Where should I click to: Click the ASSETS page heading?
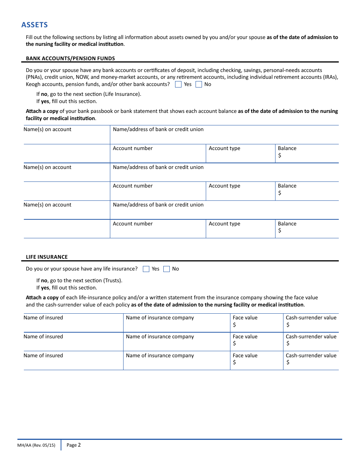(34, 25)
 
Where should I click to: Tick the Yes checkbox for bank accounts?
(178, 84)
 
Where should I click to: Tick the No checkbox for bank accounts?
(199, 84)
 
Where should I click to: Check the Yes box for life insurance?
(146, 269)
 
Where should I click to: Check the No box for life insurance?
(166, 269)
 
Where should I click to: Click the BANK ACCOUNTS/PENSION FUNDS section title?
(70, 58)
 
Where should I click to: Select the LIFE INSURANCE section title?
(47, 257)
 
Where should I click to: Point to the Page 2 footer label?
(74, 445)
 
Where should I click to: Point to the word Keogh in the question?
(33, 84)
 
